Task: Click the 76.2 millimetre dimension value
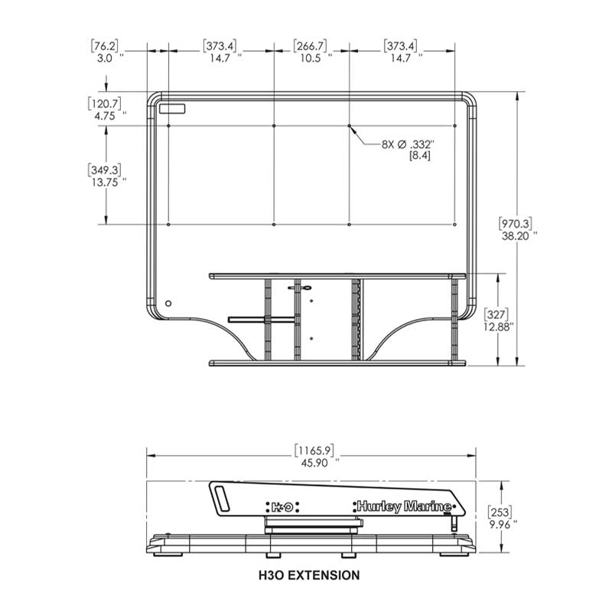coord(104,46)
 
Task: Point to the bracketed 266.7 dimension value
coord(311,46)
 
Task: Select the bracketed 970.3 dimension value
coord(516,223)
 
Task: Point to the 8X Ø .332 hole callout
coord(408,145)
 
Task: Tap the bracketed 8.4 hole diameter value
coord(420,156)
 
